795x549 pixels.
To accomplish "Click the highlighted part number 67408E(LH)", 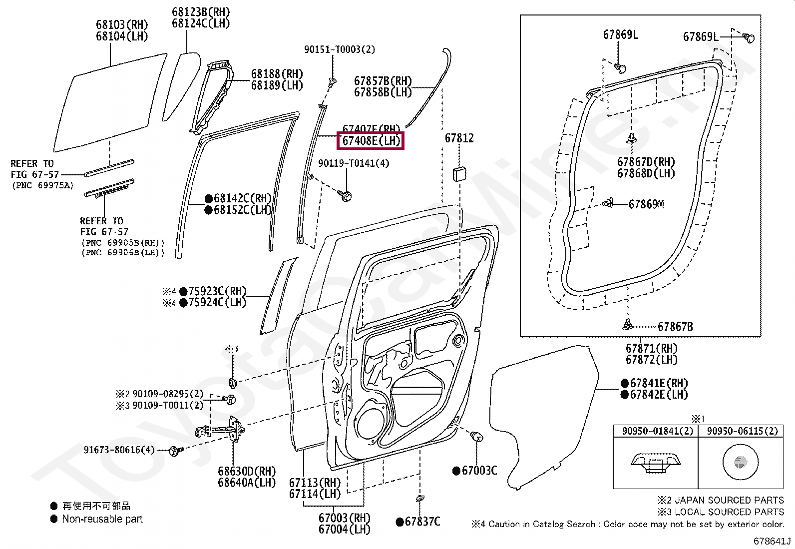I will click(x=371, y=141).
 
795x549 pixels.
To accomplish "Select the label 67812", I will click(x=459, y=138).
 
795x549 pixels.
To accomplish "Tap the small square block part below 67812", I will click(x=459, y=175).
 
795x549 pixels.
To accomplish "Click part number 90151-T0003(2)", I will click(x=340, y=49).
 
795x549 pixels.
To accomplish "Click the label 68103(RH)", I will click(x=122, y=24).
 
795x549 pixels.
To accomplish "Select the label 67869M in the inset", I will click(x=646, y=204).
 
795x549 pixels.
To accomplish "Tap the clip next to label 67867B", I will click(x=628, y=325).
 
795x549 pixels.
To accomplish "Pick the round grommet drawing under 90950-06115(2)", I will click(x=740, y=462).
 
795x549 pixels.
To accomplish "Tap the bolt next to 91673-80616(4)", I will click(x=175, y=450).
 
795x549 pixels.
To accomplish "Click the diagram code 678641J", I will click(x=772, y=542).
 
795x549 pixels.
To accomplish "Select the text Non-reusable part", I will click(x=102, y=519).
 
